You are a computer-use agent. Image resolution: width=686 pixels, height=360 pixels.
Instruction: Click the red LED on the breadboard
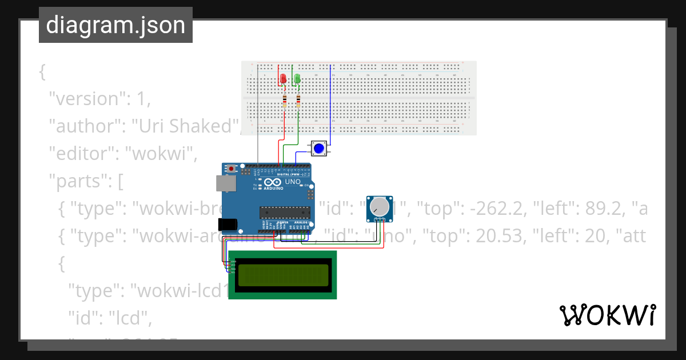[283, 79]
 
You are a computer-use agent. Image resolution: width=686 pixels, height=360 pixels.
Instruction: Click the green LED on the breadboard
[297, 79]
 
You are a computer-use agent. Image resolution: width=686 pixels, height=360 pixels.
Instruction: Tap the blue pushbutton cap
[320, 149]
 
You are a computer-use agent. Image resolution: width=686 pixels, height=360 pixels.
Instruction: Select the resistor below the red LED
[285, 102]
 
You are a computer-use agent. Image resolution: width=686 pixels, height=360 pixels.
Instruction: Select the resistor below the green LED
[298, 102]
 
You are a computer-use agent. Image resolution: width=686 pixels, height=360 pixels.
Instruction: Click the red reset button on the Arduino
[231, 169]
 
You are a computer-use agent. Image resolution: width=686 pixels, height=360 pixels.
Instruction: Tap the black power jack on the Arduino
[227, 224]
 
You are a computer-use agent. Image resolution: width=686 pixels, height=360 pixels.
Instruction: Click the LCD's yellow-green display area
[283, 275]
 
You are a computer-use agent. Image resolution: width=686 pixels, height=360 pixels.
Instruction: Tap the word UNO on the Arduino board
[293, 182]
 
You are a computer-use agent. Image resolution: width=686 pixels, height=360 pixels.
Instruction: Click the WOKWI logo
[607, 315]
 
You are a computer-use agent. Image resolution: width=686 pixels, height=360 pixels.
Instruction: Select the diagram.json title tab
[115, 25]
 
